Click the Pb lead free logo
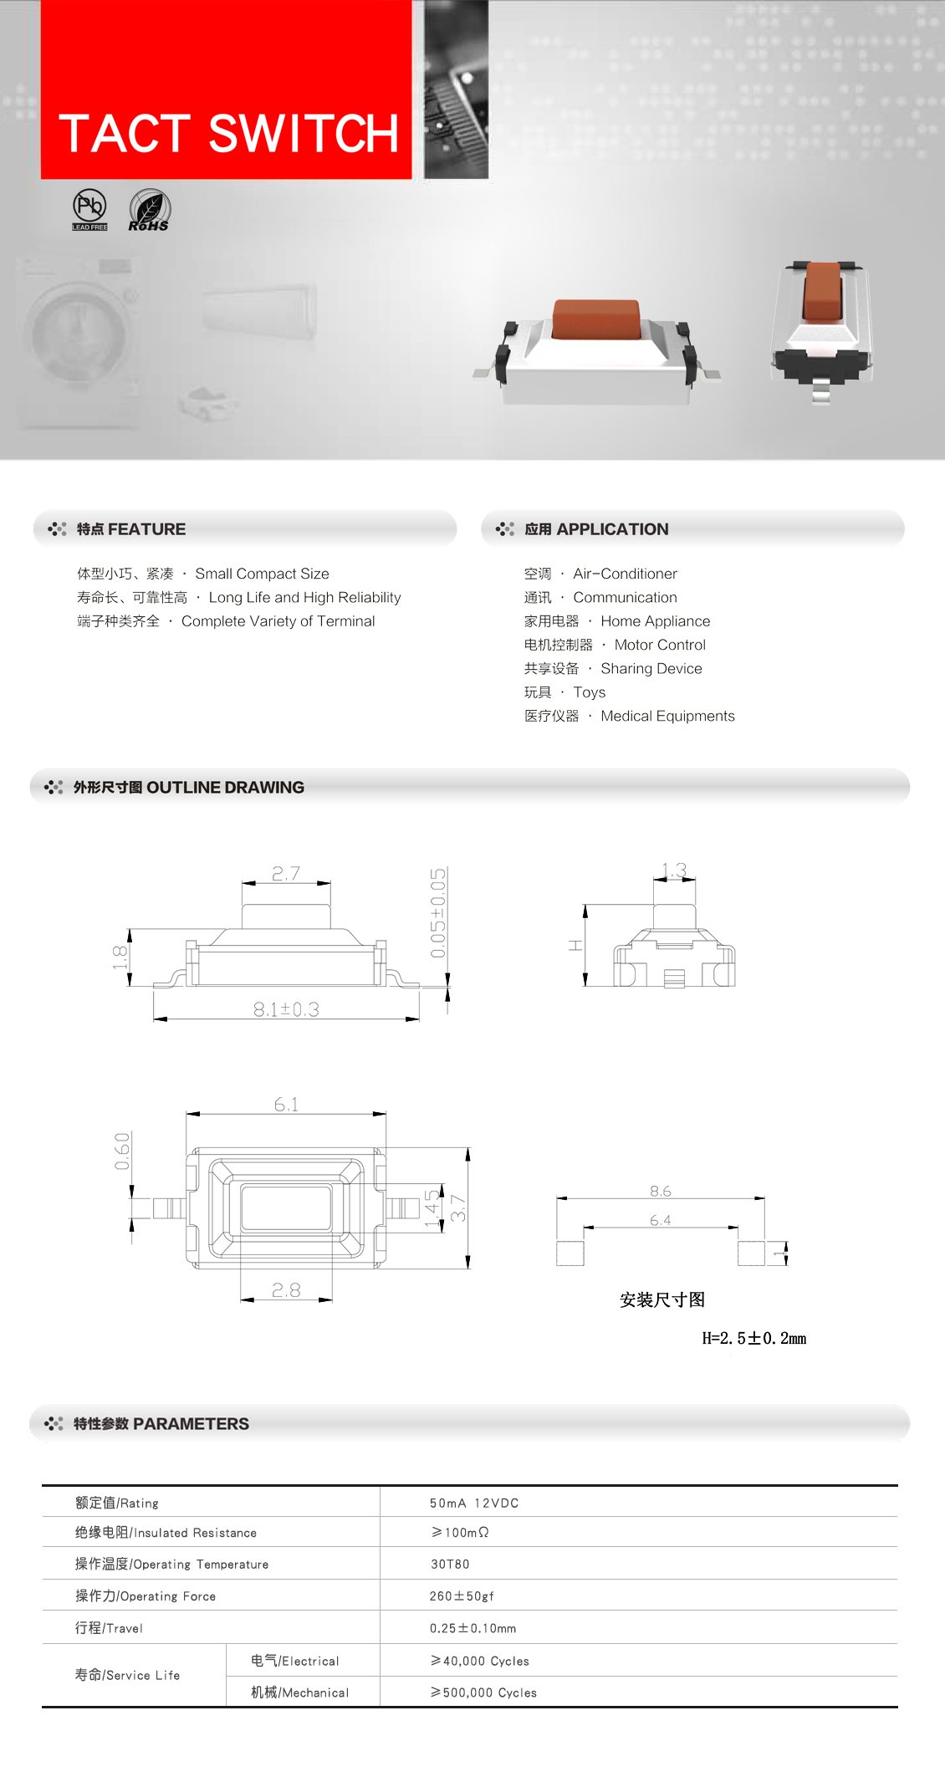coord(89,209)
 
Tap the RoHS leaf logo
coord(150,210)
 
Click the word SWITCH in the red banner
coord(304,134)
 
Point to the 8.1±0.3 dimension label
coord(286,1009)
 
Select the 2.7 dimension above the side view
coord(286,873)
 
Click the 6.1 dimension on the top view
coord(286,1105)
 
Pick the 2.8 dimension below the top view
coord(286,1290)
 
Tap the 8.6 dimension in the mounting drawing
coord(661,1191)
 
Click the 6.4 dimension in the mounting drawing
coord(661,1220)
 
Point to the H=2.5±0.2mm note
coord(754,1338)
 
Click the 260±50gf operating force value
coord(462,1595)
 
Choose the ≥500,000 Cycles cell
coord(484,1692)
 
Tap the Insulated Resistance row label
coord(166,1532)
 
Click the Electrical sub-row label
coord(295,1661)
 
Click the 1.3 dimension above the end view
coord(674,870)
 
